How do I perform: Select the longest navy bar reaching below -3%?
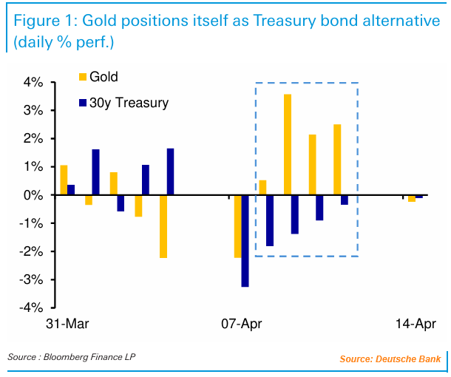[245, 240]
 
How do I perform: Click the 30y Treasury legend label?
[129, 103]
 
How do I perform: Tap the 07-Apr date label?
[241, 324]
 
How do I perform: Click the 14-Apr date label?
[415, 324]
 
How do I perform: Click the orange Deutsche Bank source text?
[390, 359]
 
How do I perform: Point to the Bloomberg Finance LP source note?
[72, 357]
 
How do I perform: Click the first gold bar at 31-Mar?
[64, 180]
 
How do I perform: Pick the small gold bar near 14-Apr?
[411, 198]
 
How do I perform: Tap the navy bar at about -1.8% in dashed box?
[270, 220]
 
